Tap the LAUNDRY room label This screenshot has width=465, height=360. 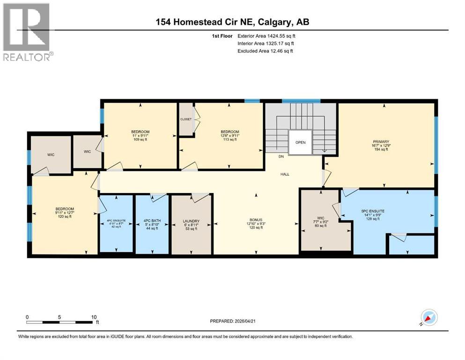click(191, 221)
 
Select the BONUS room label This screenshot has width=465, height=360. click(256, 219)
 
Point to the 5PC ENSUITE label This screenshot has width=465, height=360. click(373, 211)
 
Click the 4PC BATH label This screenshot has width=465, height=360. click(151, 221)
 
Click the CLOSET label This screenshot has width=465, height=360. click(186, 119)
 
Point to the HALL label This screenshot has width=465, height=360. click(285, 174)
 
